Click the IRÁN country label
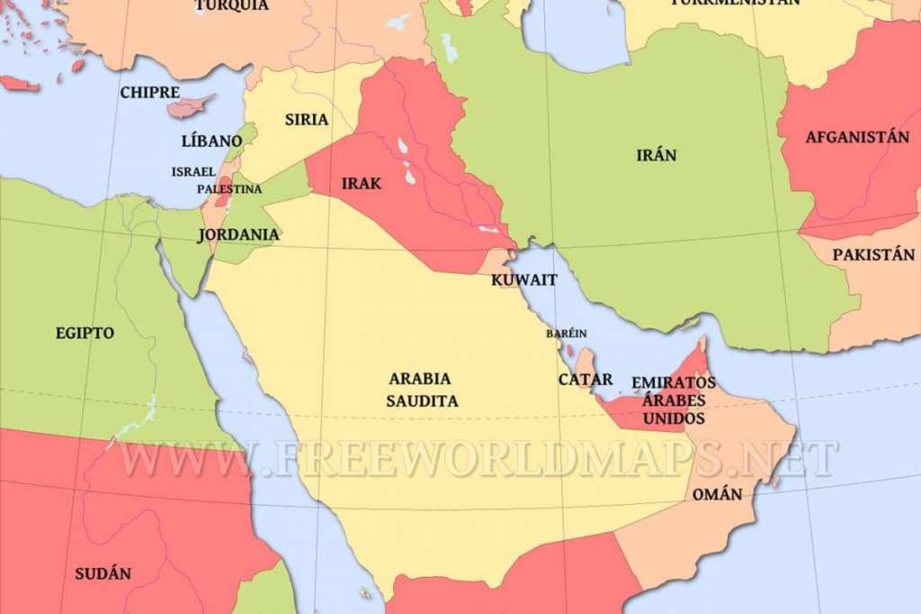(656, 155)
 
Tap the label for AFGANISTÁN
(857, 137)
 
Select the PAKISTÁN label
(872, 255)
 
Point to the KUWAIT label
(523, 280)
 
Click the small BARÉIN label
(566, 333)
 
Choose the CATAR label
(586, 379)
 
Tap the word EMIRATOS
(674, 383)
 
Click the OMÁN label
(717, 494)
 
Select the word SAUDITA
(422, 401)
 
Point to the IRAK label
(362, 184)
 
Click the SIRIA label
(307, 119)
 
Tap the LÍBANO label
(211, 141)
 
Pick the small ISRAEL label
(193, 171)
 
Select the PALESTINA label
(229, 189)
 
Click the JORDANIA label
(238, 234)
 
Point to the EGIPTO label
(85, 333)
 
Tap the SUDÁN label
(102, 573)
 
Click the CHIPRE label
(149, 93)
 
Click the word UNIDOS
(674, 419)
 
